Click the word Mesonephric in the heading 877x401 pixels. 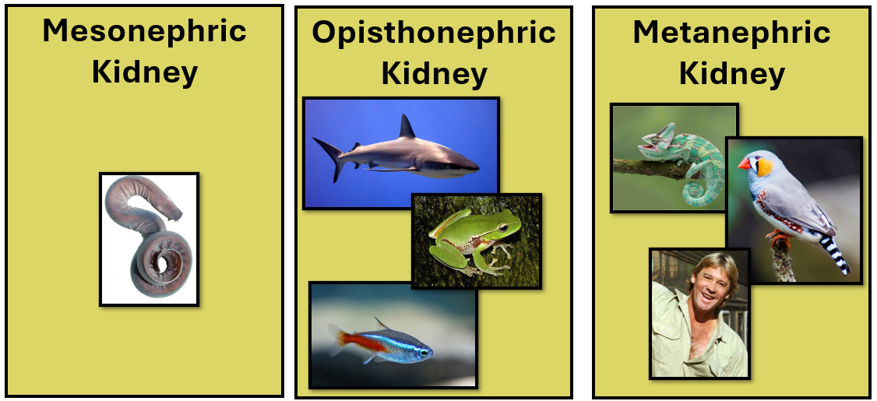click(x=144, y=31)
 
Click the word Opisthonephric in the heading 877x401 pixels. click(x=434, y=33)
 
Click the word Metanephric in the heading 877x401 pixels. click(x=731, y=33)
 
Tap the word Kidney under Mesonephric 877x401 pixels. click(x=144, y=72)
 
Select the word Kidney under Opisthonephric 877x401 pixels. click(x=434, y=74)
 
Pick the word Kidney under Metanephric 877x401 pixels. click(x=731, y=74)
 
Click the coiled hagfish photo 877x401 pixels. click(x=149, y=238)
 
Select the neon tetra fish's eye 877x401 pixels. click(x=423, y=353)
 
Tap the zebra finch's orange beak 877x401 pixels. click(x=745, y=164)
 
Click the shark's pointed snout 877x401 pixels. click(x=474, y=165)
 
